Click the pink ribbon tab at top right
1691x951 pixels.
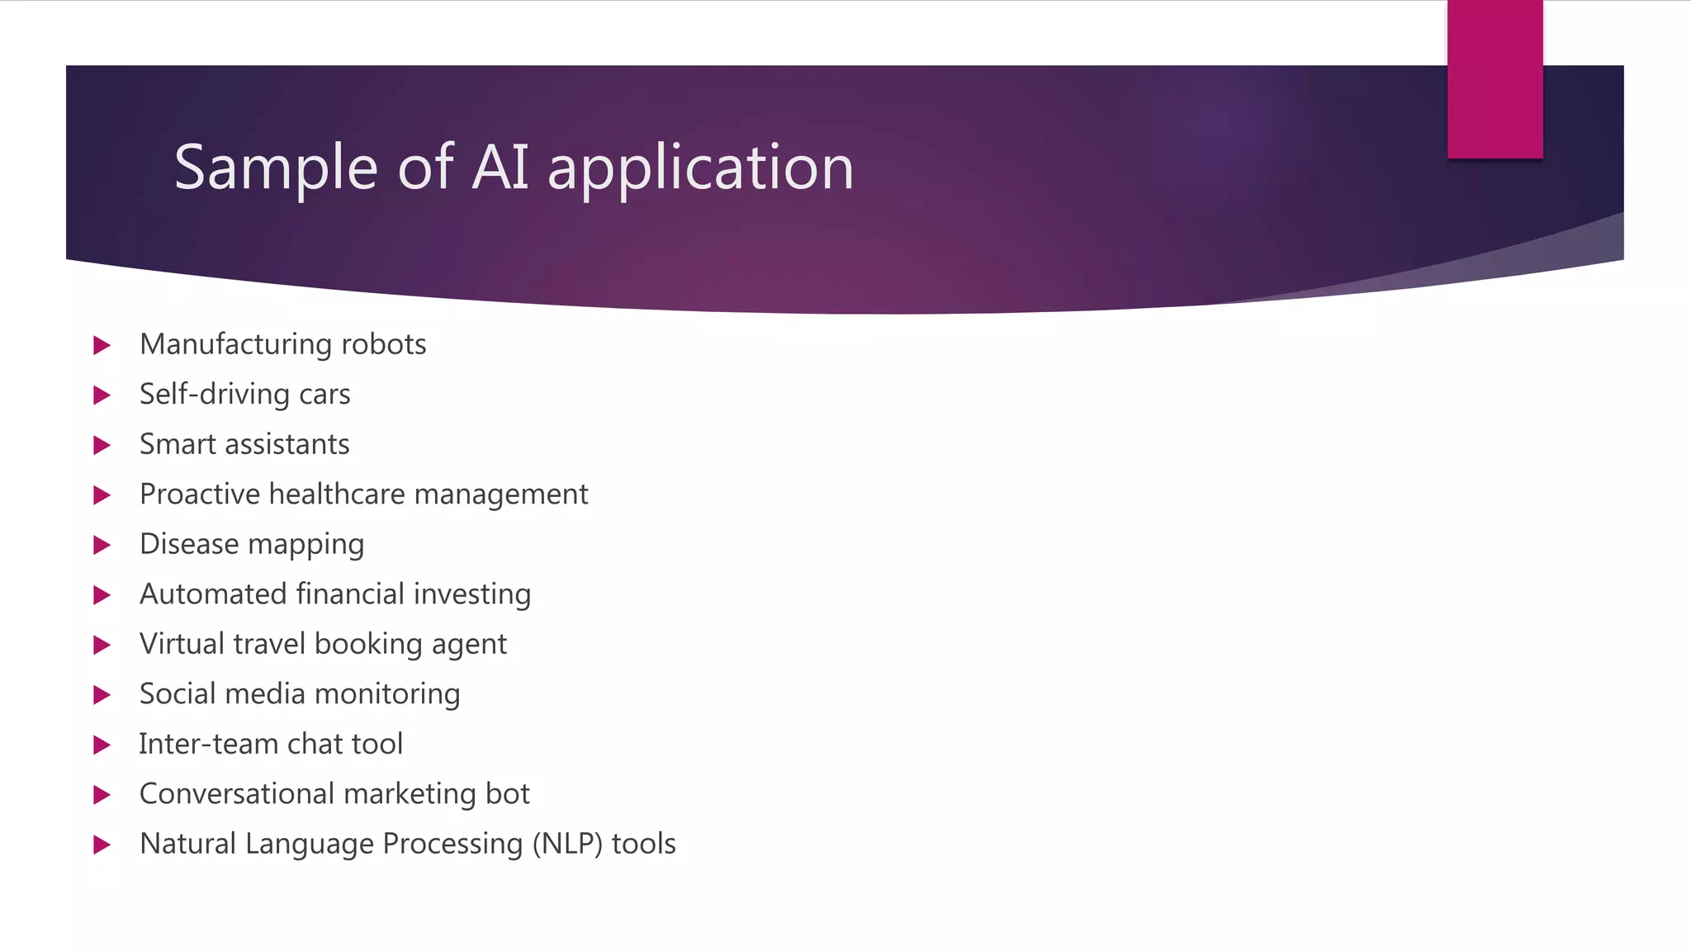pos(1494,79)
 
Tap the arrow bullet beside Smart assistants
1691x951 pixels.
pos(102,446)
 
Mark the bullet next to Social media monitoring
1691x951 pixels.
pos(102,695)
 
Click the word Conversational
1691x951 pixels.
pos(236,794)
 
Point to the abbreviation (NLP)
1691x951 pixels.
pos(567,845)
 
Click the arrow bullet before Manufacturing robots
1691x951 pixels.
pos(102,345)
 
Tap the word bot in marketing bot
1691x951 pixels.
pos(507,794)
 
